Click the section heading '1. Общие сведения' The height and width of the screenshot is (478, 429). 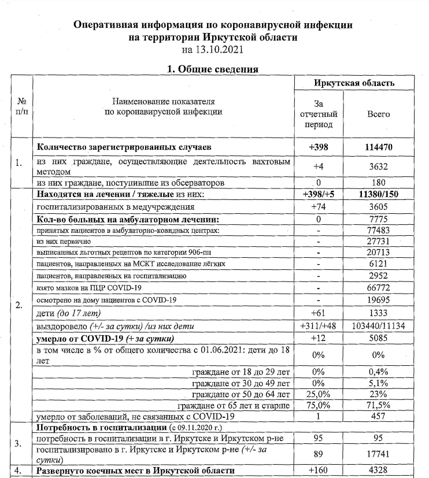tap(212, 69)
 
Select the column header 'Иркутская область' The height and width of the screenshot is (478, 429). tap(354, 83)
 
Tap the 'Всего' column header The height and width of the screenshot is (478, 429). tap(379, 114)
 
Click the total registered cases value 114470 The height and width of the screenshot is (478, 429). tap(379, 147)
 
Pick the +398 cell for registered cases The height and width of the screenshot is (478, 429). tap(317, 147)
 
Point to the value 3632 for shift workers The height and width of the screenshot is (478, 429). tap(379, 165)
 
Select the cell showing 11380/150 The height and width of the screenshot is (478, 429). tap(379, 195)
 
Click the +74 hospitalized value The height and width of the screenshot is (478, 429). tap(317, 206)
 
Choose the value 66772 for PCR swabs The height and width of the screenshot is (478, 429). tap(379, 287)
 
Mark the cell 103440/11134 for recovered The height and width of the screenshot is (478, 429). tap(379, 326)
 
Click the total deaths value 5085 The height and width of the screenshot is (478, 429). tap(379, 338)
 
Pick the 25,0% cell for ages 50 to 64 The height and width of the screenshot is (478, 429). tap(317, 394)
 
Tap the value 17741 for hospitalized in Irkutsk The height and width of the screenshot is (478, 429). tap(379, 454)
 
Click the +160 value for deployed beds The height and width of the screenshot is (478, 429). tap(317, 470)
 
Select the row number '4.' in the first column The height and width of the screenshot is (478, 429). tap(19, 470)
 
